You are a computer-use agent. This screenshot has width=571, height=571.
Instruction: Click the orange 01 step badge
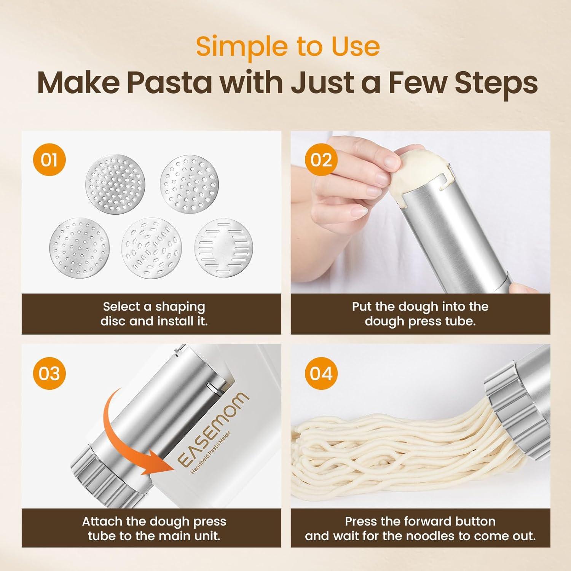[x=49, y=159]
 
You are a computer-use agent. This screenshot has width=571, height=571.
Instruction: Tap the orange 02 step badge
[x=321, y=159]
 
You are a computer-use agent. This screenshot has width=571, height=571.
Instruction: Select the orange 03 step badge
[x=49, y=373]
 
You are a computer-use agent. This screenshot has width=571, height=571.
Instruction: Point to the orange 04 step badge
[x=321, y=373]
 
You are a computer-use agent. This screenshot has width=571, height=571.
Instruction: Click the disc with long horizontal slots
[x=224, y=248]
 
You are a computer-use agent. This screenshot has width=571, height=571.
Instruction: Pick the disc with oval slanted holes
[x=152, y=248]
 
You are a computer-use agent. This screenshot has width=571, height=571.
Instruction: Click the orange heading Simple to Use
[x=288, y=46]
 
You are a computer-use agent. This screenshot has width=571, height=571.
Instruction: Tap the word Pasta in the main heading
[x=169, y=83]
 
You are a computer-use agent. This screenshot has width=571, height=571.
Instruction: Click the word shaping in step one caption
[x=180, y=307]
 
